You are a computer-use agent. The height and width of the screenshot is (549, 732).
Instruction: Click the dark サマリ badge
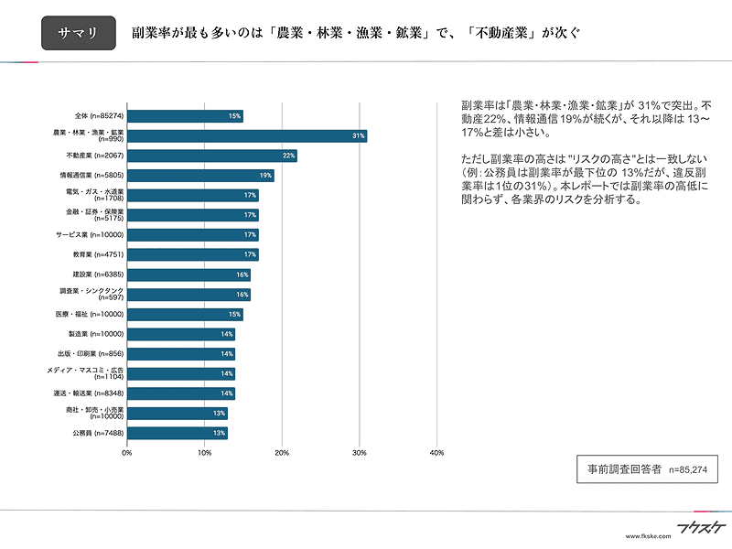pos(79,33)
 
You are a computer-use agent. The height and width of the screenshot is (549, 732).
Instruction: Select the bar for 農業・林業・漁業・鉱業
pos(247,135)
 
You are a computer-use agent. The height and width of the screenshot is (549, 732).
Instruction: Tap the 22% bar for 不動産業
pos(212,156)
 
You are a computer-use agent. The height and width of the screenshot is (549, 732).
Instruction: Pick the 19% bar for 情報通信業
pos(200,176)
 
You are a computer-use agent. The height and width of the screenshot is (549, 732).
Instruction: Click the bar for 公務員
pos(178,433)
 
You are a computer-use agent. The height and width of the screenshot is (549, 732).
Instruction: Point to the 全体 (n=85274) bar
pos(185,116)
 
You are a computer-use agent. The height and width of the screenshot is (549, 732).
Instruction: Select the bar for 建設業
pos(188,275)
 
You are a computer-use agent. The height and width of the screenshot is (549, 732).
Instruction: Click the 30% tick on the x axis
pos(360,453)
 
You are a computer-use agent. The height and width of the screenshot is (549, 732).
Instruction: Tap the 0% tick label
pos(127,453)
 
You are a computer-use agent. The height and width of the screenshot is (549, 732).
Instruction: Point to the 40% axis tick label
pos(437,453)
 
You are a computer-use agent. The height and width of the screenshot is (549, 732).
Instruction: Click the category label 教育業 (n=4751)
pos(98,255)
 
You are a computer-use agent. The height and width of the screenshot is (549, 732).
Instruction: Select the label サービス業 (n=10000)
pos(90,235)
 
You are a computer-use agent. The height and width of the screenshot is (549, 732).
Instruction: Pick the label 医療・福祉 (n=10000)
pos(90,314)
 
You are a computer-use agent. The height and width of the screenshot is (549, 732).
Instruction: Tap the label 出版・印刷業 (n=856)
pos(91,354)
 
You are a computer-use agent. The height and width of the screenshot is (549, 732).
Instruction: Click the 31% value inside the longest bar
pos(358,135)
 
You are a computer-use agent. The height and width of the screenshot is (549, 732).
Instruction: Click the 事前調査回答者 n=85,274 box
pos(647,469)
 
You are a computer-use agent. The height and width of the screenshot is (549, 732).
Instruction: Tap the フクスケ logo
pos(701,528)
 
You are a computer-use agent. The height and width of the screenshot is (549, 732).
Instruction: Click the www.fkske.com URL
pos(648,536)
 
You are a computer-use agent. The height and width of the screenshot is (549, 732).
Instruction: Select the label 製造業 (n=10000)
pos(96,334)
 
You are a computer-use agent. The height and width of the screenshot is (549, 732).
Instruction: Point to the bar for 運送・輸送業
pos(181,393)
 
